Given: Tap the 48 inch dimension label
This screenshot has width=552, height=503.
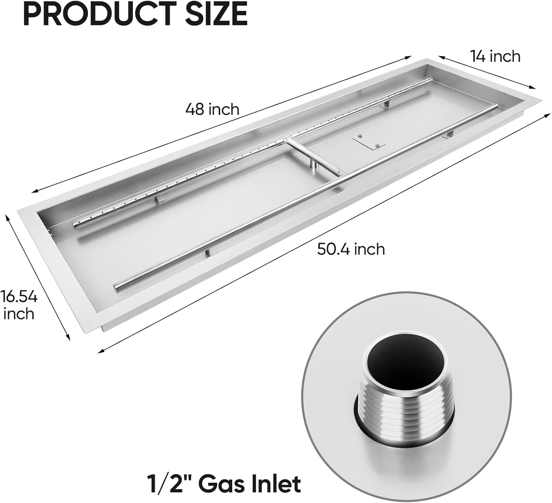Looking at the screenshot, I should click(212, 109).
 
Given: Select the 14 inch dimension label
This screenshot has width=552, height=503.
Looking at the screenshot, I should click(495, 56).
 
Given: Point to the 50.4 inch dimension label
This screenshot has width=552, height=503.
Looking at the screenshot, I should click(351, 249).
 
